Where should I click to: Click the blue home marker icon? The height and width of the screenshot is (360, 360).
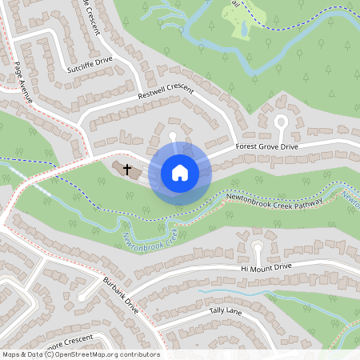179,173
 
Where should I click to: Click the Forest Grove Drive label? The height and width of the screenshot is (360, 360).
266,147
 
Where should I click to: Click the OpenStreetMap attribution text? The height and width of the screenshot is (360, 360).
81,354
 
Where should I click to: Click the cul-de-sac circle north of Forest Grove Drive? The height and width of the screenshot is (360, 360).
281,121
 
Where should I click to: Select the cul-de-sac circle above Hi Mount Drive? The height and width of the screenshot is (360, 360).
257,247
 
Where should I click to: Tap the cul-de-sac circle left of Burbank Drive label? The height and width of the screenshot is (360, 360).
82,298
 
